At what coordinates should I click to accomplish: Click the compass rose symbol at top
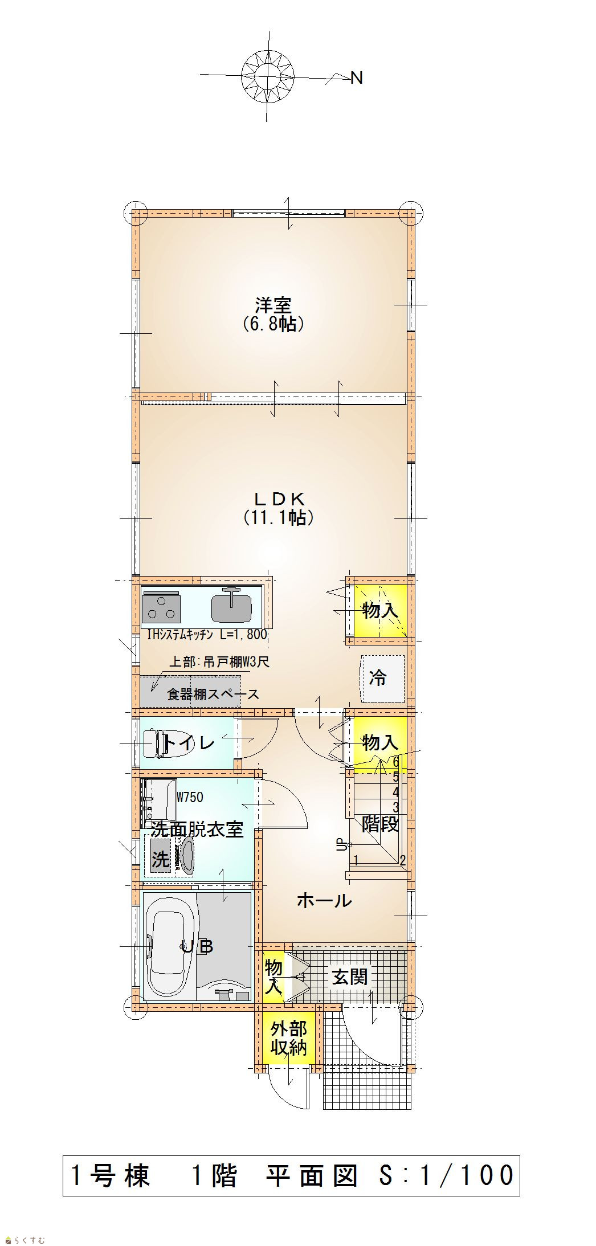click(x=267, y=76)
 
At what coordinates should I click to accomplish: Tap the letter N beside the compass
click(x=357, y=78)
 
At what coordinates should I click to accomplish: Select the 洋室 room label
click(x=273, y=306)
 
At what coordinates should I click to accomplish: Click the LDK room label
click(x=279, y=499)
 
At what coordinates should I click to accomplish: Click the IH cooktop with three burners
click(x=161, y=607)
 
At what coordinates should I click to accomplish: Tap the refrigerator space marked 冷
click(x=382, y=678)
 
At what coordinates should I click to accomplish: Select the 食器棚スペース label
click(x=213, y=694)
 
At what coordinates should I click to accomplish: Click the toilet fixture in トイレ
click(x=165, y=742)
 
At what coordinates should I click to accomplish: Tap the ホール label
click(x=324, y=900)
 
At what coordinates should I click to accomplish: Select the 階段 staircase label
click(x=380, y=824)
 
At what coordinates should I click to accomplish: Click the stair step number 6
click(x=396, y=762)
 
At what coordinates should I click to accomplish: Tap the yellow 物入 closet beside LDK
click(x=380, y=611)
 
